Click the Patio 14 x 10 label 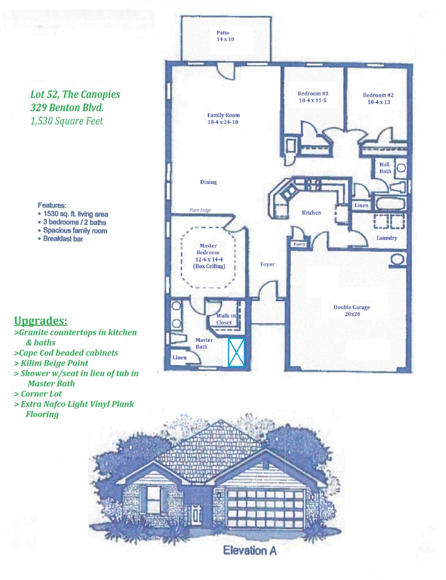pyautogui.click(x=223, y=36)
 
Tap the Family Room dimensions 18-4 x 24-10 pyautogui.click(x=223, y=122)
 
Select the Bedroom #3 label pyautogui.click(x=313, y=93)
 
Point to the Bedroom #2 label pyautogui.click(x=378, y=95)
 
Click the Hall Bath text pyautogui.click(x=385, y=168)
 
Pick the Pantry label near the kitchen pyautogui.click(x=299, y=244)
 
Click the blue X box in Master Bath pyautogui.click(x=236, y=352)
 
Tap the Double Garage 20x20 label pyautogui.click(x=352, y=311)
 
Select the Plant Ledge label pyautogui.click(x=200, y=210)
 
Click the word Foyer pyautogui.click(x=267, y=264)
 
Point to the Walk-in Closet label pyautogui.click(x=225, y=319)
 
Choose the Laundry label pyautogui.click(x=387, y=238)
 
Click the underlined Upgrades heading pyautogui.click(x=41, y=321)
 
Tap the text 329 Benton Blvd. pyautogui.click(x=67, y=108)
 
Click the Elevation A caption pyautogui.click(x=250, y=550)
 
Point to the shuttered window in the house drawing pyautogui.click(x=154, y=497)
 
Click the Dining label pyautogui.click(x=208, y=182)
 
